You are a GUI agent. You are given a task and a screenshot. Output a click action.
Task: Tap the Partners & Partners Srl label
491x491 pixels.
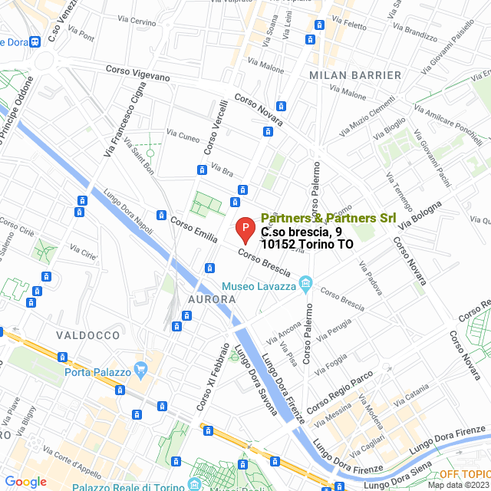[328, 218]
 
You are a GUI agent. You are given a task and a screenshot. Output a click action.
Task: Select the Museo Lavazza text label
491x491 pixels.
[259, 286]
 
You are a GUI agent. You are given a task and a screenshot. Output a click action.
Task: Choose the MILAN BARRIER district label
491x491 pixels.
[355, 75]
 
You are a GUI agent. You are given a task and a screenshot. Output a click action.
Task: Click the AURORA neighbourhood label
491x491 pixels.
[206, 298]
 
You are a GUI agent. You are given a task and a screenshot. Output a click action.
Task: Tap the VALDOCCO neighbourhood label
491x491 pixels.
[87, 335]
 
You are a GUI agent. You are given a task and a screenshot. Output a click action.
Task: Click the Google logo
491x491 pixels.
[25, 482]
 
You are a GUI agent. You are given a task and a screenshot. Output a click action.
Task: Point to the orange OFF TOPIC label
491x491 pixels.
[463, 474]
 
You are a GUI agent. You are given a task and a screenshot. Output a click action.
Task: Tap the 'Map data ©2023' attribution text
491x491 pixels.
[458, 485]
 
